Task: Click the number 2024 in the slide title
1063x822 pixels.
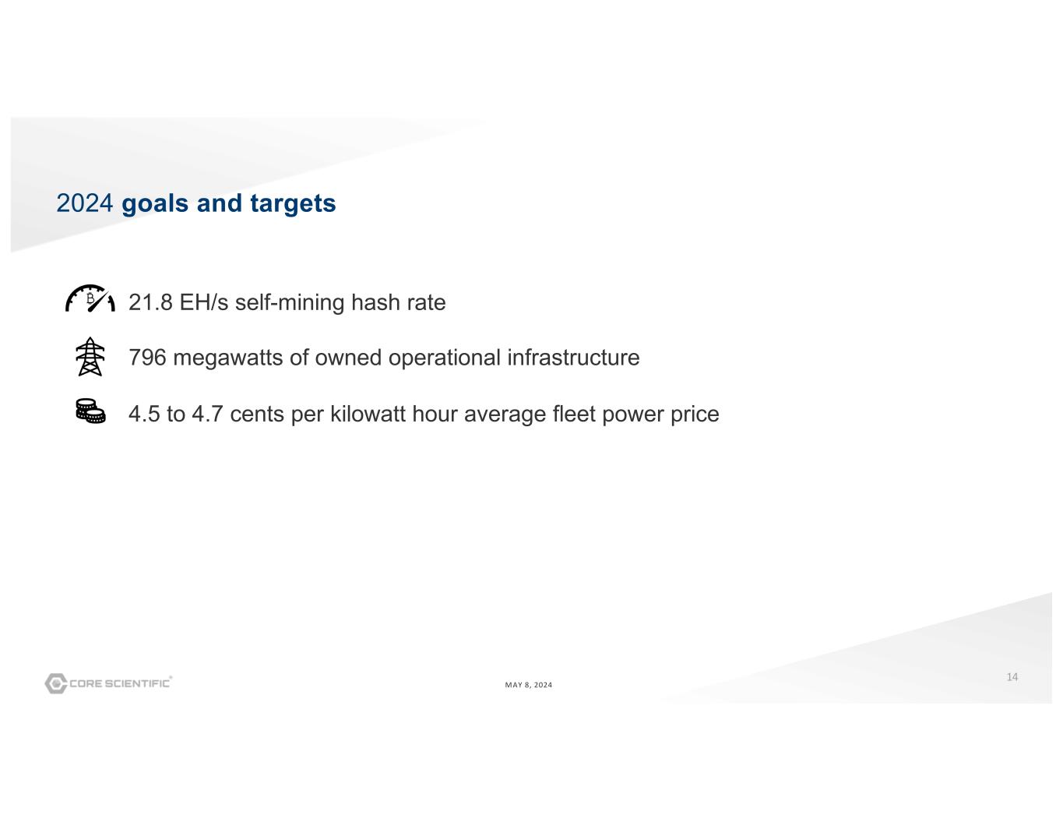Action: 84,203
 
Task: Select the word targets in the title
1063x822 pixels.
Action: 293,203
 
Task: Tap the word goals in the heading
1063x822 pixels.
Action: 154,203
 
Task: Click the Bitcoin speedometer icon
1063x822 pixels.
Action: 90,298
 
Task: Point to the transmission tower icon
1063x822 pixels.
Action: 90,356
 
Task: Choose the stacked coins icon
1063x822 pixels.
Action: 90,411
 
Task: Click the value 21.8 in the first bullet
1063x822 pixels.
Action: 150,302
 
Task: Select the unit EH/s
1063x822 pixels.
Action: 204,302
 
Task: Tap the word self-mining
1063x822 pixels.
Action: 290,303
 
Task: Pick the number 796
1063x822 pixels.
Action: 147,358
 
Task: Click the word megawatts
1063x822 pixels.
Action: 227,358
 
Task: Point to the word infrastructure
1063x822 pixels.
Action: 573,357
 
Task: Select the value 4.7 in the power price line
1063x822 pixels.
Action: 207,414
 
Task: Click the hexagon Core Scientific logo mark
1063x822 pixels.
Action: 55,683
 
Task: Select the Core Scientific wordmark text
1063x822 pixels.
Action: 120,683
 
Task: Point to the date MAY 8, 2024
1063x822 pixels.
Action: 528,685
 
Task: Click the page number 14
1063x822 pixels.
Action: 1012,676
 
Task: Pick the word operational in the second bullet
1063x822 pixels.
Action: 444,358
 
